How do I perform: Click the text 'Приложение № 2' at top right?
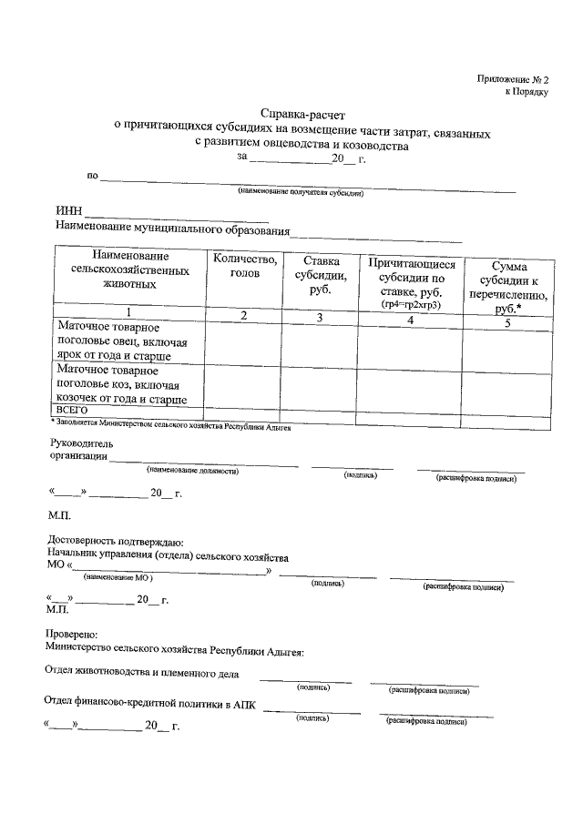(x=513, y=80)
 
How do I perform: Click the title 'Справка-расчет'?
(x=296, y=115)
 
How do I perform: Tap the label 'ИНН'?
(x=69, y=211)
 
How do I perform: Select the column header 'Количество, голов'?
(x=244, y=266)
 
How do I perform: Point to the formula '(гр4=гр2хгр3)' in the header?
(x=411, y=303)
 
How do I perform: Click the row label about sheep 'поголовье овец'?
(x=121, y=341)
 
